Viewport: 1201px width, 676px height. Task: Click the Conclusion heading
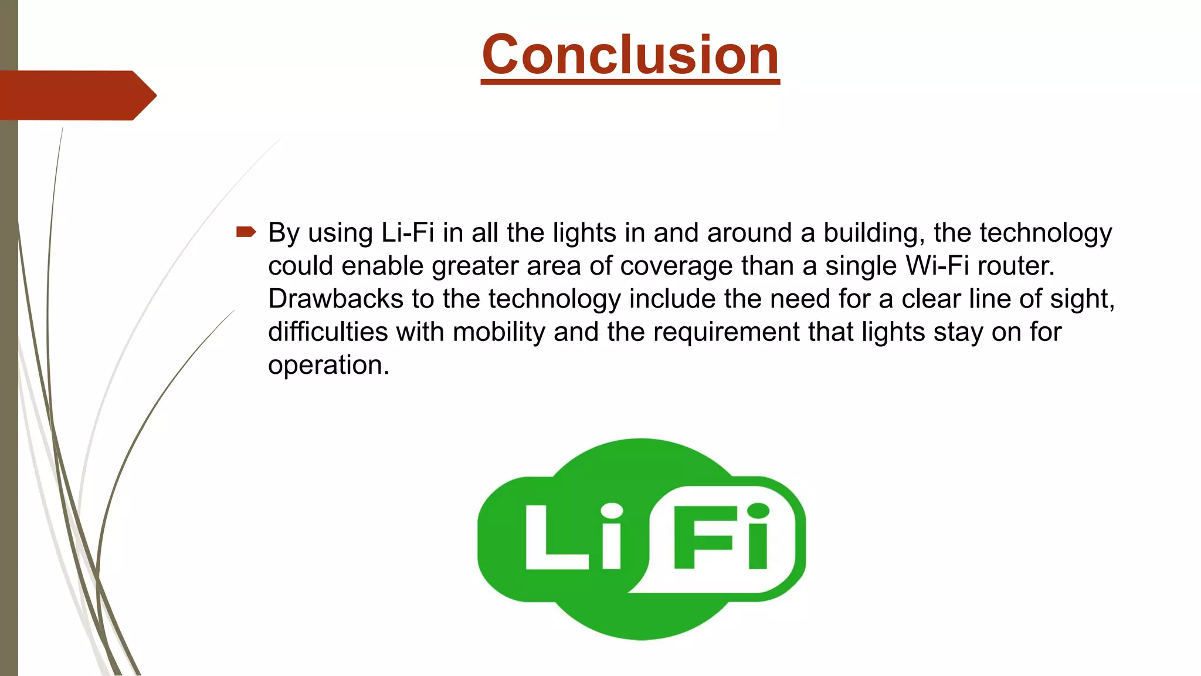[630, 55]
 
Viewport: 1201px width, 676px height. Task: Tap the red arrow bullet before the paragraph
[246, 232]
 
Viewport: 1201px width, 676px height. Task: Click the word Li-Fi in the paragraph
[408, 233]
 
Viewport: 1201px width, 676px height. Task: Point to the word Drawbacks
[335, 299]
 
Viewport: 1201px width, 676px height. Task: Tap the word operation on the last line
[328, 365]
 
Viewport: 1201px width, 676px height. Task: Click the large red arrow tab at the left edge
[76, 96]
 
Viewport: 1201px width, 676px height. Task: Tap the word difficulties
[328, 332]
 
